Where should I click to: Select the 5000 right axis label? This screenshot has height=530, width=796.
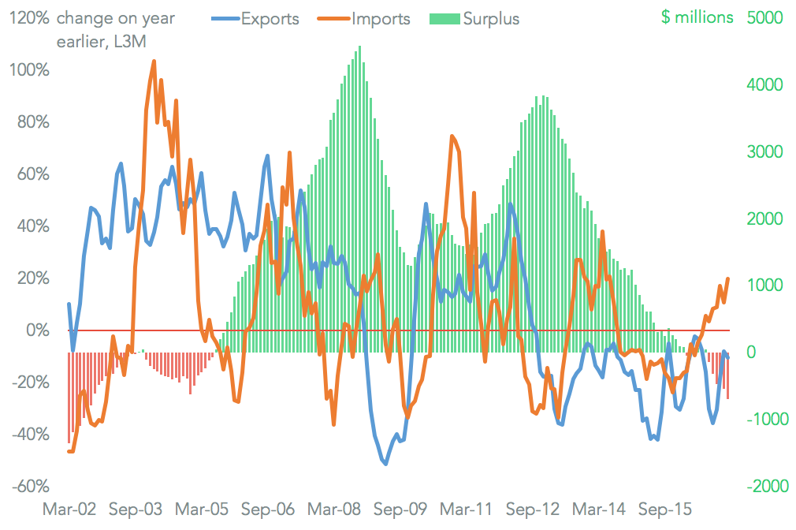(x=762, y=18)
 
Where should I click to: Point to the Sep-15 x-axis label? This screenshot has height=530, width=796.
(x=665, y=510)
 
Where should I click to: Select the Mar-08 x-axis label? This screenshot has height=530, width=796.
(x=331, y=510)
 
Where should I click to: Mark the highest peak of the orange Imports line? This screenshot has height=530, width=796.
(x=153, y=62)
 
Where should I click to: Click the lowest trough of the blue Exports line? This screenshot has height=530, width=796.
(x=385, y=464)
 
